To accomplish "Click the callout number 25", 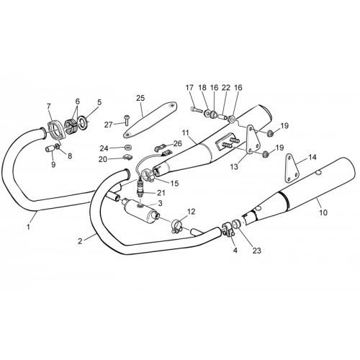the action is (141, 98).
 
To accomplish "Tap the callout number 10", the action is (323, 212).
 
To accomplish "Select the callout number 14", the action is (312, 157).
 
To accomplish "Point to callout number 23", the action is (256, 251).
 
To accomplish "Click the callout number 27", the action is (109, 125).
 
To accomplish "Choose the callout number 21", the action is (161, 192).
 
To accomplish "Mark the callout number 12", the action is (192, 212).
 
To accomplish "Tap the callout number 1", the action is (28, 227).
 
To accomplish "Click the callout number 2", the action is (80, 241).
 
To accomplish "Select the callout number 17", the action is (189, 88).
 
